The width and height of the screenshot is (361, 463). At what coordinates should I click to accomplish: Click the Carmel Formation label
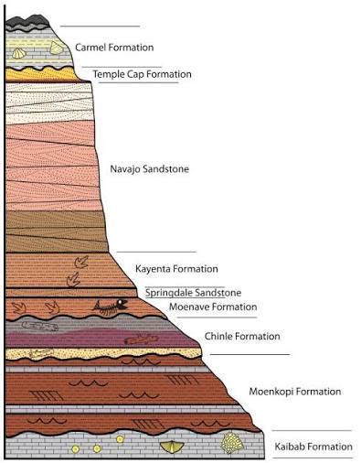[114, 48]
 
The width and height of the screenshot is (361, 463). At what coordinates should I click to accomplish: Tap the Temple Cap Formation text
[142, 74]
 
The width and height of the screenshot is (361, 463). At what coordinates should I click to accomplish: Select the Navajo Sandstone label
[149, 168]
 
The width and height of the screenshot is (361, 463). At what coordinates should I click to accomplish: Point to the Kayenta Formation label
[176, 269]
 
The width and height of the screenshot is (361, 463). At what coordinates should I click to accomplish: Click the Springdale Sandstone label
[193, 293]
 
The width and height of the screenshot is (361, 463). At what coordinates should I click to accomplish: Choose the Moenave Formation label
[213, 307]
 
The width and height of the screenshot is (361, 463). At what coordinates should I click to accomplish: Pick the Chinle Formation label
[242, 336]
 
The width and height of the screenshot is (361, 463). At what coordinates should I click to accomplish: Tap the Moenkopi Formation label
[295, 392]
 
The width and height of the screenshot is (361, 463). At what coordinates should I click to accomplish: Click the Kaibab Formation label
[313, 447]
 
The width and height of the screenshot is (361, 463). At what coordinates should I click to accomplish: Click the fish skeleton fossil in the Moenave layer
[111, 307]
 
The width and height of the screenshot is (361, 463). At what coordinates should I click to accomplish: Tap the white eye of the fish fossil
[122, 303]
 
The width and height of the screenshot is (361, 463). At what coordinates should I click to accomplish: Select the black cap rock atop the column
[28, 22]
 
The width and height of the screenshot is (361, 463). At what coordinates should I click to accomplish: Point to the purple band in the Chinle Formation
[101, 339]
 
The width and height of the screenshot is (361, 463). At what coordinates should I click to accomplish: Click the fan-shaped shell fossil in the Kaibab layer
[171, 447]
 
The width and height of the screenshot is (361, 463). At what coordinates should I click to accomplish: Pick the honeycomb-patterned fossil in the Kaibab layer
[232, 442]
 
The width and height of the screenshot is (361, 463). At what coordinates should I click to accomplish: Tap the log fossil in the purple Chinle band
[141, 339]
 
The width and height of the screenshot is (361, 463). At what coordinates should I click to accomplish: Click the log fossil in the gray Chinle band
[39, 327]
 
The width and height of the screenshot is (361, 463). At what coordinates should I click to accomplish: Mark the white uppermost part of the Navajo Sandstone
[48, 102]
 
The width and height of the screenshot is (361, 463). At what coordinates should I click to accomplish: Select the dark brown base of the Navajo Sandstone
[57, 231]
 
